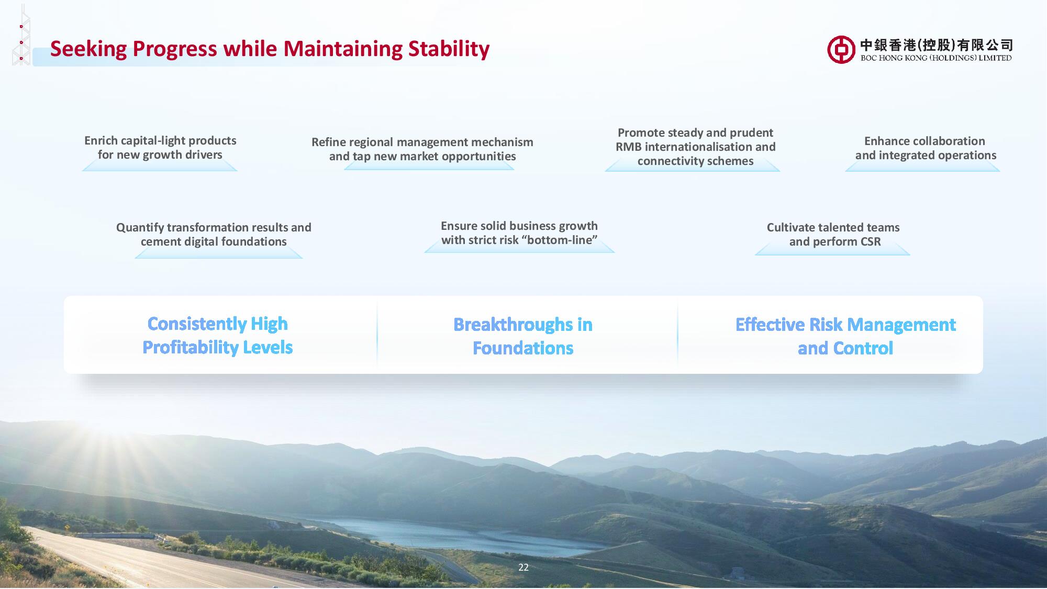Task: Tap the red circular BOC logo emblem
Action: [841, 50]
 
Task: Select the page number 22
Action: [523, 568]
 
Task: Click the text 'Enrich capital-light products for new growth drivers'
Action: [160, 148]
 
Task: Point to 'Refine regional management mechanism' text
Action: [422, 142]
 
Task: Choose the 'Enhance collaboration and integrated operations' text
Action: [926, 148]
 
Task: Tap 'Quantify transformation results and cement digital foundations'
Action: [214, 235]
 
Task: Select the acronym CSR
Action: [868, 242]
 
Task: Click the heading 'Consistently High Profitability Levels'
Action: [218, 336]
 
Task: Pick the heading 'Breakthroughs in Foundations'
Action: [523, 336]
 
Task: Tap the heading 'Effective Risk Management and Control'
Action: [845, 336]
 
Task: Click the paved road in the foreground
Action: [131, 560]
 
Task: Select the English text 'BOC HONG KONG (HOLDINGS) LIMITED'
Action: [936, 58]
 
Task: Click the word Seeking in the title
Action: [88, 49]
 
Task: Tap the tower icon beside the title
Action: [21, 35]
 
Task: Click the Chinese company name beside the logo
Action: [937, 45]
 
